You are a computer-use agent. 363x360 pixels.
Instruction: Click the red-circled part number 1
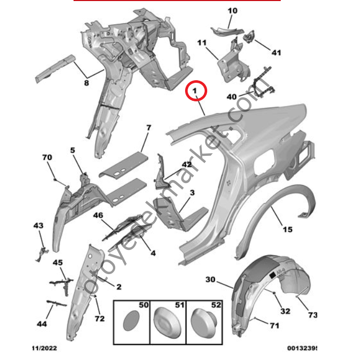[x=195, y=92]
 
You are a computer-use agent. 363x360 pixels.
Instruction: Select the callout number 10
[x=232, y=10]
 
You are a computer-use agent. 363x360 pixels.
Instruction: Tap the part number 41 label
[x=277, y=52]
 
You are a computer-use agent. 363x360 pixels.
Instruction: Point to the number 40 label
[x=231, y=97]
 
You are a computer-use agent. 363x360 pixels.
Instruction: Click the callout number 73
[x=313, y=314]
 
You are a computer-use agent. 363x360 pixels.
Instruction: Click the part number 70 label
[x=47, y=157]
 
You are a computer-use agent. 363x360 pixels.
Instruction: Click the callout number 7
[x=149, y=127]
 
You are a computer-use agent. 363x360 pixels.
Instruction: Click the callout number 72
[x=100, y=319]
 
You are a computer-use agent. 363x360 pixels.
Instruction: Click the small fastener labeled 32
[x=277, y=293]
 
